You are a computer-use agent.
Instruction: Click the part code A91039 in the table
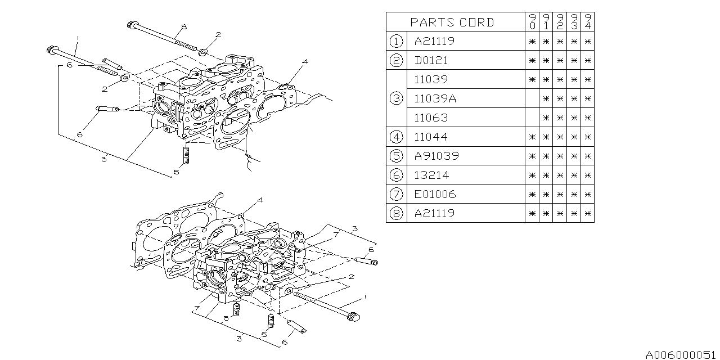pyautogui.click(x=436, y=156)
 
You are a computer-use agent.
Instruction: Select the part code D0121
pyautogui.click(x=431, y=60)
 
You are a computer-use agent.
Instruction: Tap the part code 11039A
pyautogui.click(x=435, y=98)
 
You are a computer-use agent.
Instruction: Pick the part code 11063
pyautogui.click(x=431, y=118)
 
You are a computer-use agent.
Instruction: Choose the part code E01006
pyautogui.click(x=435, y=194)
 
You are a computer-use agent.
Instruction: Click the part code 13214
pyautogui.click(x=431, y=175)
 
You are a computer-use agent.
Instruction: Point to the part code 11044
pyautogui.click(x=431, y=137)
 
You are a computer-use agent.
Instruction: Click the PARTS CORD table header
pyautogui.click(x=452, y=22)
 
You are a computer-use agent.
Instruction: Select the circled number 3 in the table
pyautogui.click(x=396, y=98)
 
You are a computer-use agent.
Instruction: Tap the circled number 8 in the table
pyautogui.click(x=396, y=213)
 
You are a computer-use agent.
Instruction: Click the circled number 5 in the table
pyautogui.click(x=396, y=156)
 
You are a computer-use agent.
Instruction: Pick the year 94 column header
pyautogui.click(x=587, y=22)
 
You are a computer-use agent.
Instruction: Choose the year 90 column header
pyautogui.click(x=532, y=22)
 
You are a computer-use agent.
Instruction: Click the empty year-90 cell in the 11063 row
pyautogui.click(x=532, y=118)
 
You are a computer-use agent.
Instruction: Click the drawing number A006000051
pyautogui.click(x=681, y=354)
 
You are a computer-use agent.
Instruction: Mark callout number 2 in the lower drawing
pyautogui.click(x=350, y=277)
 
